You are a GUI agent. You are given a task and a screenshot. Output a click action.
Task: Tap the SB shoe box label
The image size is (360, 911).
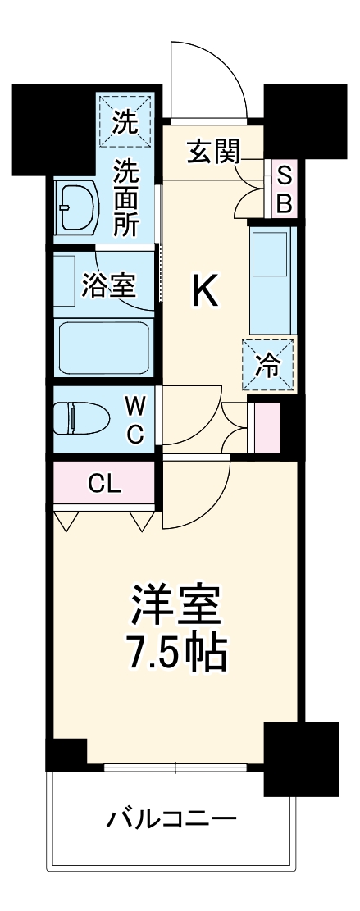coord(284,189)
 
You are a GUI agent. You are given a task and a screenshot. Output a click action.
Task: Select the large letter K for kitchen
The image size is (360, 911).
coord(205,291)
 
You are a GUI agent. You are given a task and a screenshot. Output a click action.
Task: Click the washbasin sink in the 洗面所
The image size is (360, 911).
coord(75,207)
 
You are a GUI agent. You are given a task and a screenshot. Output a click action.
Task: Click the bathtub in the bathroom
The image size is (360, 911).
coord(103,345)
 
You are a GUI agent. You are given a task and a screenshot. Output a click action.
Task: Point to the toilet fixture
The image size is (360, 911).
coord(80,418)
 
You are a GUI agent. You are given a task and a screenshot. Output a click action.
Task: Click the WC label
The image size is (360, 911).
coord(135,418)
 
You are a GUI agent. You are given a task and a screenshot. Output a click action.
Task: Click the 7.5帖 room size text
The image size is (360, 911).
coord(176,652)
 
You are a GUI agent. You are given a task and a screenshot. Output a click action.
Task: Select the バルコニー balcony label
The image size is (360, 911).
coord(172,818)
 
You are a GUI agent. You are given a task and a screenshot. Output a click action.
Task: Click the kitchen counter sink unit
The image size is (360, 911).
coord(271,279)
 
